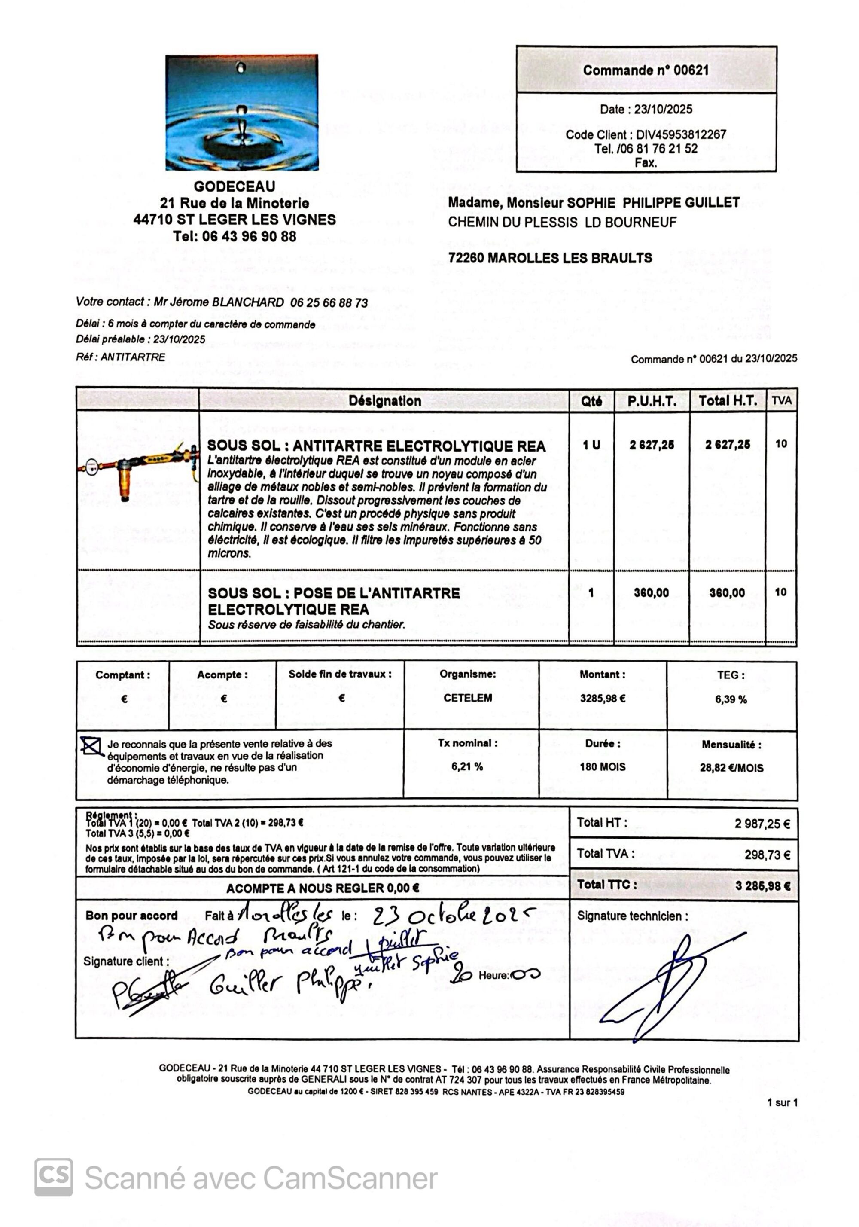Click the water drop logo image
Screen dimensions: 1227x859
241,112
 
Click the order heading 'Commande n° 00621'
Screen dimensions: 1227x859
645,70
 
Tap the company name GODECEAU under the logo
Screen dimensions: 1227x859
235,186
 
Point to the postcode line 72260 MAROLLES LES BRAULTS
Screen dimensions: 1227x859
550,258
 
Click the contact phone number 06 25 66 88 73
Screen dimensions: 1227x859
329,303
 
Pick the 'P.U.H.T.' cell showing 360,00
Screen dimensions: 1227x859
651,592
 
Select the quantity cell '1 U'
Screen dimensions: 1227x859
591,445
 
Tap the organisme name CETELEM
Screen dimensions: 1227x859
467,698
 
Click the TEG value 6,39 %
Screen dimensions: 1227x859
731,699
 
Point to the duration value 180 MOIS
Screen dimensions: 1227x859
603,767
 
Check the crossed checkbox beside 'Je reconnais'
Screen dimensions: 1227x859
91,746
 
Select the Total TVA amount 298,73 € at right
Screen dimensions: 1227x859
767,855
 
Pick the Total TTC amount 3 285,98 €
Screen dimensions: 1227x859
762,886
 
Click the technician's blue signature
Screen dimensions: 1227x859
668,983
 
